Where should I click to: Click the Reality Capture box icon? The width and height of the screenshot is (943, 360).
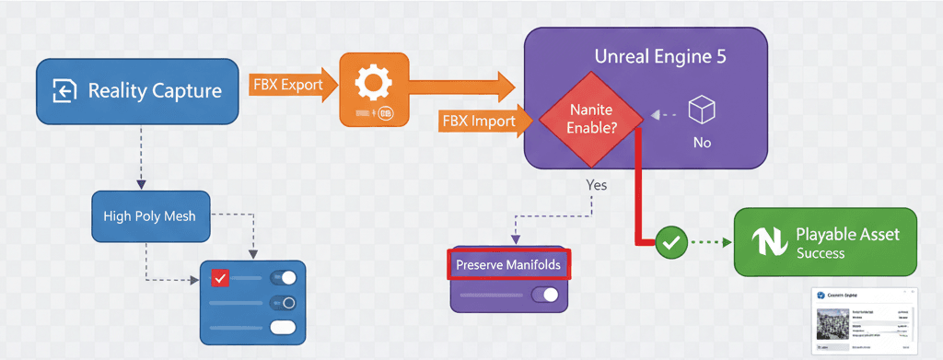pyautogui.click(x=64, y=90)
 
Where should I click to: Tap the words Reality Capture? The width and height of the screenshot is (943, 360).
pyautogui.click(x=154, y=90)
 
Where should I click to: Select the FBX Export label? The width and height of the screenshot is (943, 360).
pyautogui.click(x=288, y=86)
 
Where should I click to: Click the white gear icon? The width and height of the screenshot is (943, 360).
pyautogui.click(x=373, y=85)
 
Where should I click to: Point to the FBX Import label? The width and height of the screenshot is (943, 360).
pyautogui.click(x=478, y=120)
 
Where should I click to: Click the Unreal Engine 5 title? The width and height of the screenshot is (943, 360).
pyautogui.click(x=660, y=56)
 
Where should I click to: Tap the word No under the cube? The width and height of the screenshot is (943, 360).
pyautogui.click(x=703, y=144)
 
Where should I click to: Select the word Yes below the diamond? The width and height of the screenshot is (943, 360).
pyautogui.click(x=597, y=184)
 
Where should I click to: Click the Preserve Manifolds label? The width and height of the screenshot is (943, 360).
pyautogui.click(x=508, y=265)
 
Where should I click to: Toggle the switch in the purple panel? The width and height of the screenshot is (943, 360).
pyautogui.click(x=545, y=295)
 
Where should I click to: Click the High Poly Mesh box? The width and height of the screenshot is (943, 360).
pyautogui.click(x=150, y=216)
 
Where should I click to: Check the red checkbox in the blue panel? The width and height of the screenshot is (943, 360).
pyautogui.click(x=220, y=278)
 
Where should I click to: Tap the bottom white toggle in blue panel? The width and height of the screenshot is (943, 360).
pyautogui.click(x=283, y=327)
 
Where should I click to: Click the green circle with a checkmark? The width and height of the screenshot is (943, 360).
pyautogui.click(x=671, y=243)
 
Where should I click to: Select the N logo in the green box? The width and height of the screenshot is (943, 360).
pyautogui.click(x=767, y=242)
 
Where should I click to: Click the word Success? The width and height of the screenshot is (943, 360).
pyautogui.click(x=821, y=253)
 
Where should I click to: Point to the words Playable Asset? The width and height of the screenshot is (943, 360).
pyautogui.click(x=847, y=234)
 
